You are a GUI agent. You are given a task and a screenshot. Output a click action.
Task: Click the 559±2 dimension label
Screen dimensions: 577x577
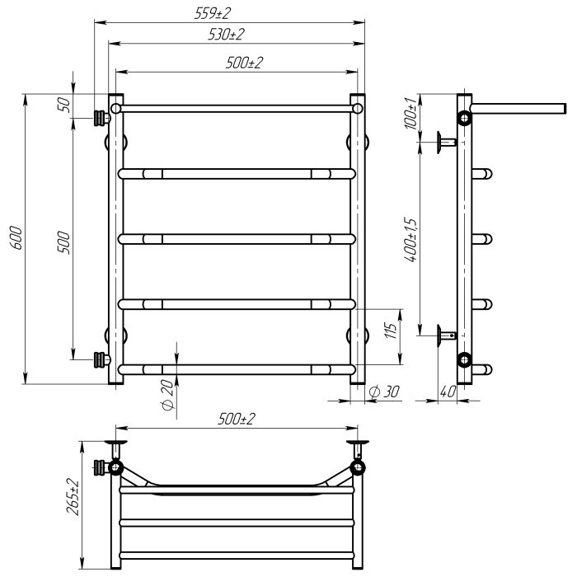(213, 14)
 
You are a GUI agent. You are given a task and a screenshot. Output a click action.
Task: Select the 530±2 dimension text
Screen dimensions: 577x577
(226, 35)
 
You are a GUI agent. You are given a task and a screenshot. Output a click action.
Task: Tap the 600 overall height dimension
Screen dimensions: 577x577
(16, 238)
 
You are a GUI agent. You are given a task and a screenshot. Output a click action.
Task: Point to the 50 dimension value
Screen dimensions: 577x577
(64, 105)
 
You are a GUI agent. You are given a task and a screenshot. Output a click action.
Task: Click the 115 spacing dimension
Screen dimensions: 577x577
(392, 331)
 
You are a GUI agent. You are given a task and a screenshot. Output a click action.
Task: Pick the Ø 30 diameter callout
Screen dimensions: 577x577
(384, 392)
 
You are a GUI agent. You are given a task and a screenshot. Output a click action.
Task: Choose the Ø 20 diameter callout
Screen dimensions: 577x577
(167, 395)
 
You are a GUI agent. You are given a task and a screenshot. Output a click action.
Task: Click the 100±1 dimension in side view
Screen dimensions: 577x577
(411, 114)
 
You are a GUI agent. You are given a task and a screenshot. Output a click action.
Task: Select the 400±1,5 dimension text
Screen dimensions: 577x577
(411, 240)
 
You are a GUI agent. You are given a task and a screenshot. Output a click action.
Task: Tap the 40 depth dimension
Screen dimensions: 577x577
(448, 392)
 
